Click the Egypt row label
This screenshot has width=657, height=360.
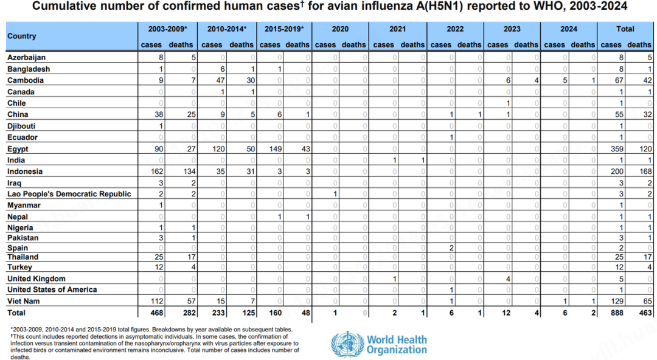[18, 149]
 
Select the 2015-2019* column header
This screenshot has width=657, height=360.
[284, 29]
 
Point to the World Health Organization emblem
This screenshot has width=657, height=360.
[347, 344]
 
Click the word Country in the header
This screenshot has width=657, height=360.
[22, 36]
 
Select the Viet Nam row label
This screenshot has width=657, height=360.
[23, 301]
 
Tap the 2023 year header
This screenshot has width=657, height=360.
[512, 29]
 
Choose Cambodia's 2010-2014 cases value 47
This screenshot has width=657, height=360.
[221, 80]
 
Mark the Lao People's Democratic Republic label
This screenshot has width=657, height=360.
[69, 194]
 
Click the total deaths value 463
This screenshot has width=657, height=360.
[645, 313]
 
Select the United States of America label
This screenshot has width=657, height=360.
[52, 289]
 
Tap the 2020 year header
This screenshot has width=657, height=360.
[340, 29]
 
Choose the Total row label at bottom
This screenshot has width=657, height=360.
[16, 313]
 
